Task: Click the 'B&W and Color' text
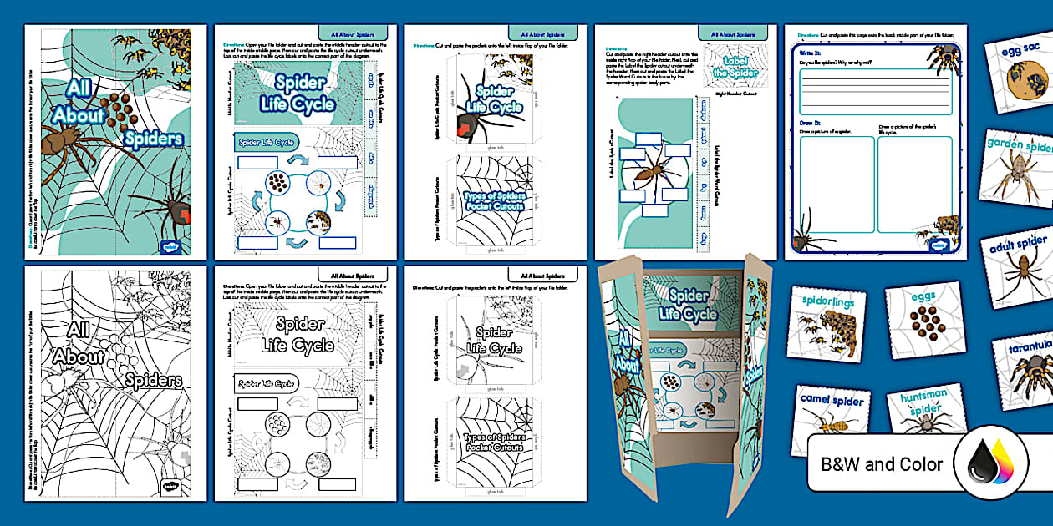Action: pos(883,464)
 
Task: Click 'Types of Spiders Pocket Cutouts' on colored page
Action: pos(493,201)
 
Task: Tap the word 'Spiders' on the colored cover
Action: pos(154,137)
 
